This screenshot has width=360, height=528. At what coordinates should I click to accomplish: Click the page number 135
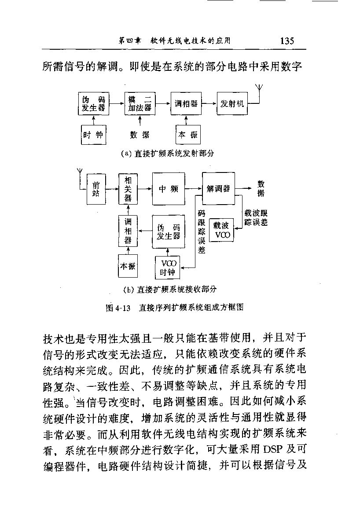(287, 41)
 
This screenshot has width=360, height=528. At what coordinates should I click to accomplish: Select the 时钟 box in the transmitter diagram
(94, 135)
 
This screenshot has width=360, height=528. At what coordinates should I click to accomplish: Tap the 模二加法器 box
(140, 103)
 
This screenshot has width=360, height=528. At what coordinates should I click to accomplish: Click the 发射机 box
(232, 103)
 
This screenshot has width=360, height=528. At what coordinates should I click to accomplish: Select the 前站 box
(96, 189)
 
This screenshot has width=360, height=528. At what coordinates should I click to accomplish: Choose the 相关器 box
(128, 189)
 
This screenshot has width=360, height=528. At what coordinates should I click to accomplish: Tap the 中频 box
(169, 189)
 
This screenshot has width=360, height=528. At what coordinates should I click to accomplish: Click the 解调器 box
(219, 188)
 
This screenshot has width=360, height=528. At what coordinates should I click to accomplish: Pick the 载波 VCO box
(221, 230)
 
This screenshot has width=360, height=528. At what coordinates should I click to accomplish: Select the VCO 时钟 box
(168, 268)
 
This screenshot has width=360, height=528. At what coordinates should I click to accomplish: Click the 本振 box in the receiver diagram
(128, 266)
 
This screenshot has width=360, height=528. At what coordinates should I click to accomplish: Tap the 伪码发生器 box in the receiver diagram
(169, 232)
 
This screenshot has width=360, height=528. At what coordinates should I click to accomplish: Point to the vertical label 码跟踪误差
(201, 232)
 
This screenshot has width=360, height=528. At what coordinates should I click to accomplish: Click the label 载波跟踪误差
(256, 218)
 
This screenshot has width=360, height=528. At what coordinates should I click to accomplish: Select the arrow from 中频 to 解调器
(194, 189)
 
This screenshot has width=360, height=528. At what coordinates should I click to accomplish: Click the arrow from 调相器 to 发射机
(209, 103)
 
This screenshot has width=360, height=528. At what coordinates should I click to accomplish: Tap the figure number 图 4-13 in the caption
(118, 308)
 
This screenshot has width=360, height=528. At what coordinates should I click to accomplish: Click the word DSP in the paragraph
(273, 449)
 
